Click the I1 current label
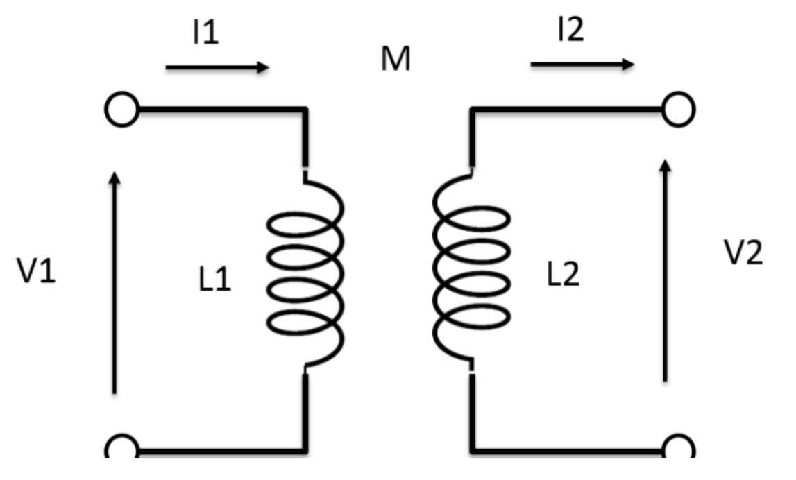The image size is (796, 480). point(205,32)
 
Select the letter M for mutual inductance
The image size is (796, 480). point(395,61)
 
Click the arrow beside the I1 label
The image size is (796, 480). point(217,67)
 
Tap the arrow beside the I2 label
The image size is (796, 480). point(582,65)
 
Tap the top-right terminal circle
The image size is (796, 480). point(677,109)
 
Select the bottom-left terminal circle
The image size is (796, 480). point(123,449)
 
